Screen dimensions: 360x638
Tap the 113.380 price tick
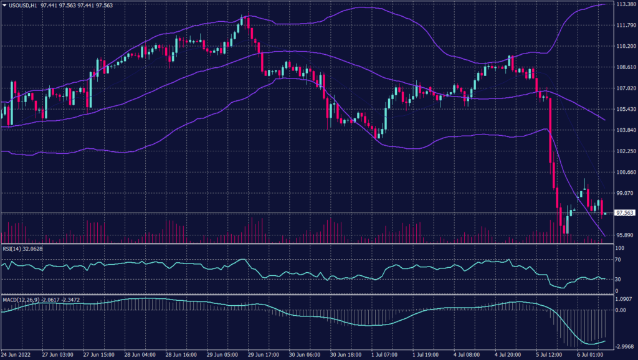pos(624,4)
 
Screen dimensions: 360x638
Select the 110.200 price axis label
pos(624,46)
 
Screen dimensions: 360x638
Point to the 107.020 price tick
pos(624,88)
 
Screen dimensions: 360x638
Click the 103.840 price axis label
pos(624,130)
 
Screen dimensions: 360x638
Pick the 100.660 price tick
pos(624,172)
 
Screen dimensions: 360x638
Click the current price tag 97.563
pos(624,213)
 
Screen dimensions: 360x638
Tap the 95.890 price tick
pos(624,235)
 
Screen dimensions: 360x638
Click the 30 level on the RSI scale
pos(618,279)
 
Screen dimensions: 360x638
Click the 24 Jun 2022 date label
pos(17,354)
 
